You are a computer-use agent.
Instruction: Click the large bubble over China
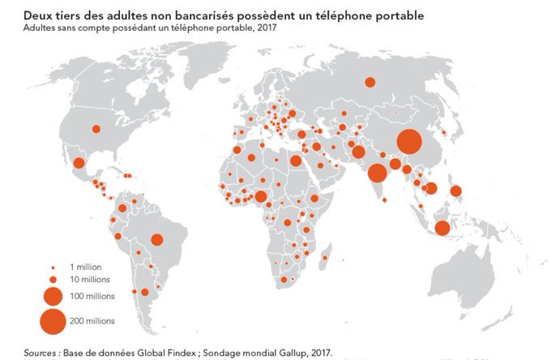coord(408,142)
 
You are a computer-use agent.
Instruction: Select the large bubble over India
coord(377,173)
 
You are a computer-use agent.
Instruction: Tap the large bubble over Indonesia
coord(442,228)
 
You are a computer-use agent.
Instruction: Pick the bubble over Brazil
coord(156,239)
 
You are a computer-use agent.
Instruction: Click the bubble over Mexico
coord(79,163)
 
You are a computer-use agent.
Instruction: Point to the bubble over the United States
coord(96,128)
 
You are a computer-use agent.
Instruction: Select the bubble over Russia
coord(369,81)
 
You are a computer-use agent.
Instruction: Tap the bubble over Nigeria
coord(260,196)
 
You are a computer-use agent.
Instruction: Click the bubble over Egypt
coord(296,161)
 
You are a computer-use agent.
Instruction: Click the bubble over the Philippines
coord(456,192)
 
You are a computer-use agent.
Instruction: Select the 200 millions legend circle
coord(53,321)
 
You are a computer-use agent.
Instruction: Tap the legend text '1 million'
coord(85,267)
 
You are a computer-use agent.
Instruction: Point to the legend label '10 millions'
coord(88,280)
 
